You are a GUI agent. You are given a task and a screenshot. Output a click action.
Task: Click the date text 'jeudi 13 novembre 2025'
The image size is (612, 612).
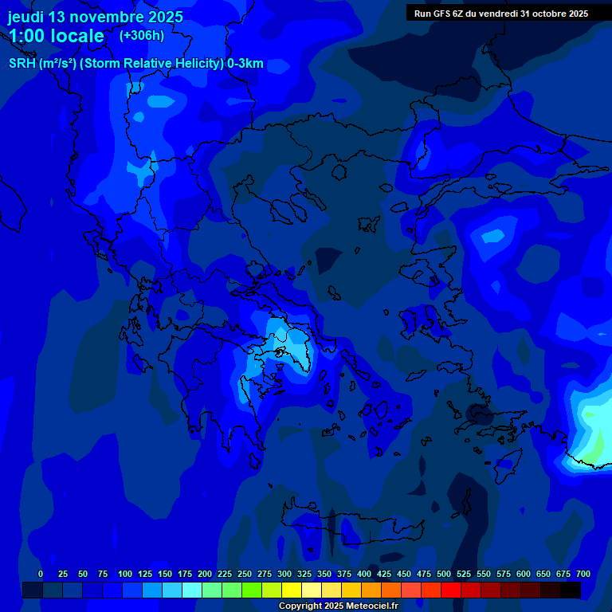click(96, 17)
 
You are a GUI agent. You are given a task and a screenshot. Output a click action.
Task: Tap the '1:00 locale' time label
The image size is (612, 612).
click(57, 36)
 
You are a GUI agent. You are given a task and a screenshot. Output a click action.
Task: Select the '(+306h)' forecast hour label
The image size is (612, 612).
click(142, 35)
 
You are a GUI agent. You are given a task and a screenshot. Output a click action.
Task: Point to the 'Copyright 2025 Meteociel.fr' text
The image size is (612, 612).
click(338, 606)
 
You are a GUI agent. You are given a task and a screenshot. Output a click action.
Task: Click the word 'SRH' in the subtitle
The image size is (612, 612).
click(22, 64)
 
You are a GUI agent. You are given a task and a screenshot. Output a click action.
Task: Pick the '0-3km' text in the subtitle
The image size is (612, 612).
click(245, 64)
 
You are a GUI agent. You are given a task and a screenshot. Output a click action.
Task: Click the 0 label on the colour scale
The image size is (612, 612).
click(41, 574)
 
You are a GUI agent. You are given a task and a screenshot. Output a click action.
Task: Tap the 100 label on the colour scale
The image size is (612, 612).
click(125, 574)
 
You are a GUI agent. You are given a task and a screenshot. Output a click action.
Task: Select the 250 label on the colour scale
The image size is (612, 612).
click(245, 574)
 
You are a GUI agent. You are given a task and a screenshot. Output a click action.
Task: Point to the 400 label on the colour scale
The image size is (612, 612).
click(364, 574)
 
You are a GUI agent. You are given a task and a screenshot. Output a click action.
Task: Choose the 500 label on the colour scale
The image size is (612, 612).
click(444, 574)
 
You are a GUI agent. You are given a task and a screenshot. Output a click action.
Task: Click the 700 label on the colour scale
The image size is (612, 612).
click(583, 574)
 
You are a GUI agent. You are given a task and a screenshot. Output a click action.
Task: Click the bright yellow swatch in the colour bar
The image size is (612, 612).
click(292, 590)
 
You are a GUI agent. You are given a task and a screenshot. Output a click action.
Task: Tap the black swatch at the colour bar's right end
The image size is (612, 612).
click(571, 590)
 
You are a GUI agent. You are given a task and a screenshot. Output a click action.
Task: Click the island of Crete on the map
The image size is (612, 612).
click(351, 523)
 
